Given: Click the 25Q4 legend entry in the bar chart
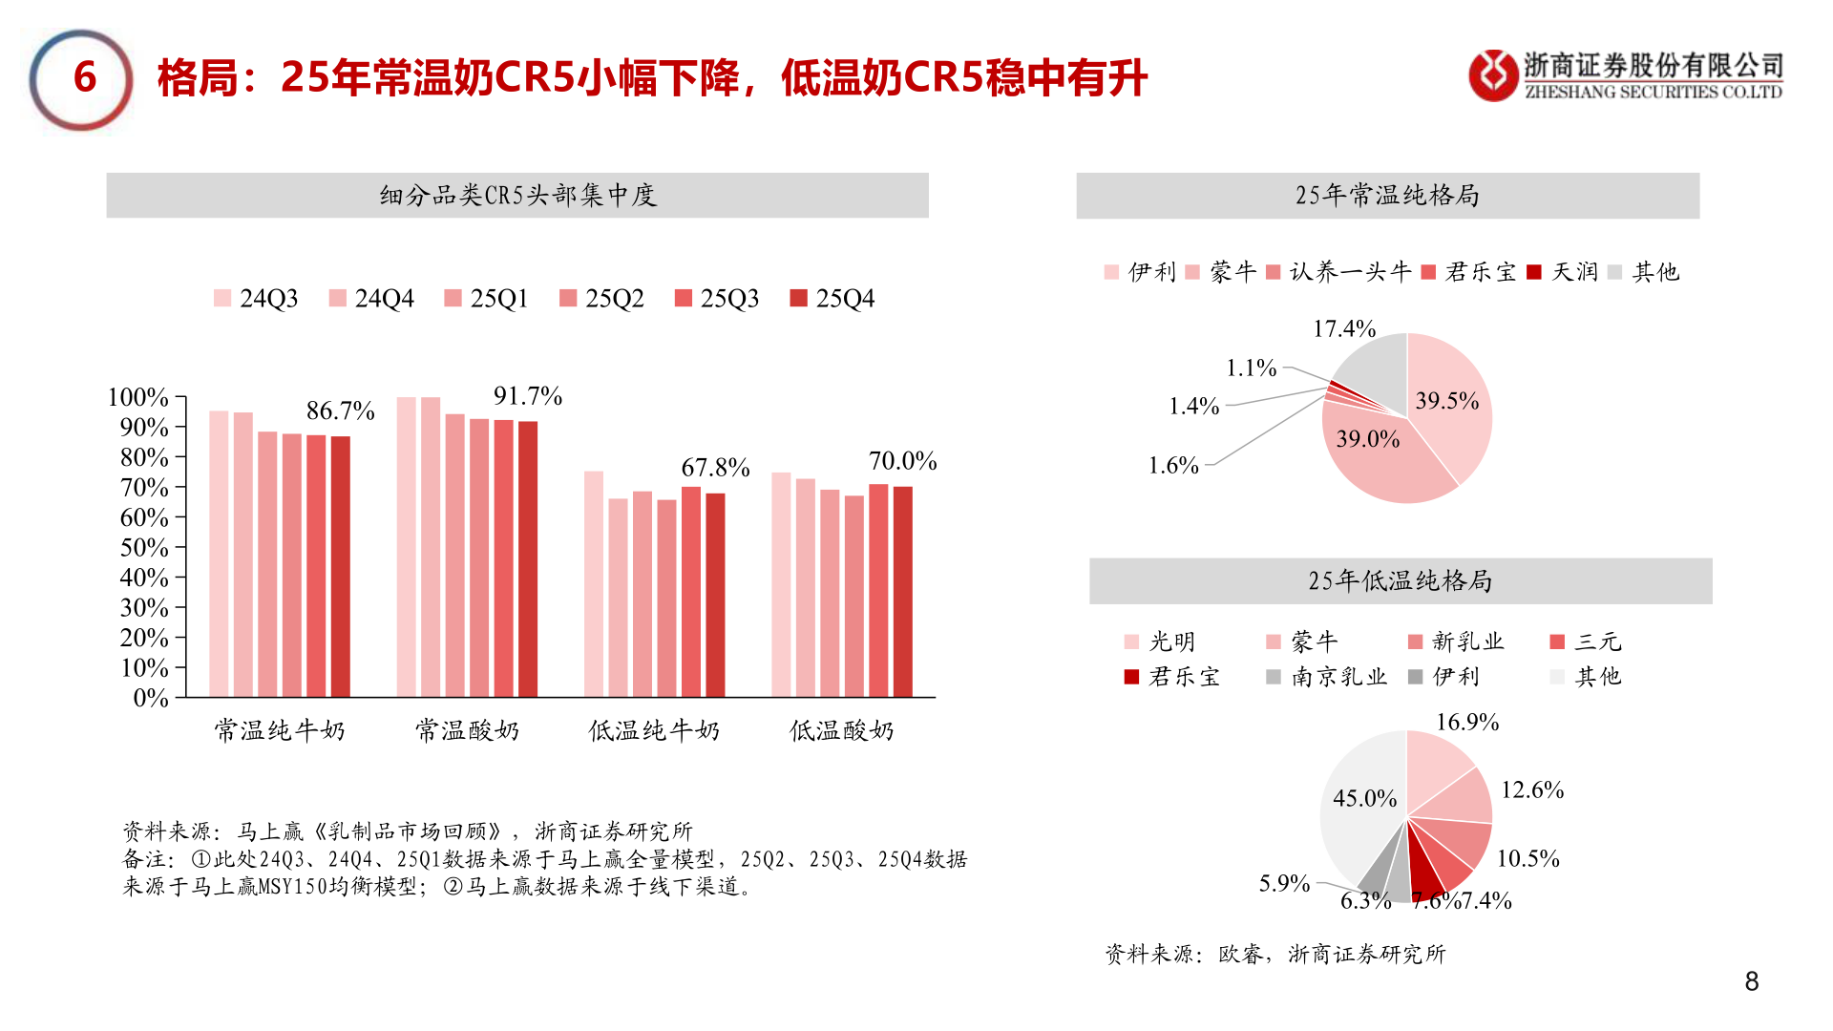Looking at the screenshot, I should pyautogui.click(x=832, y=299).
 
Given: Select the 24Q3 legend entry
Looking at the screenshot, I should pyautogui.click(x=256, y=299).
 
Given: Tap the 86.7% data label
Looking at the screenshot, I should pyautogui.click(x=340, y=410).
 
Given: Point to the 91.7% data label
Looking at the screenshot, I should pyautogui.click(x=527, y=396).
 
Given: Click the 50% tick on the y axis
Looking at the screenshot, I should pyautogui.click(x=144, y=548).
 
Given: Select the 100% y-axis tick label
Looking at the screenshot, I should pyautogui.click(x=138, y=397).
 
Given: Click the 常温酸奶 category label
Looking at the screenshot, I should pyautogui.click(x=467, y=731).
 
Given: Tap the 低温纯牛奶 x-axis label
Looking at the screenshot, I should pyautogui.click(x=654, y=731).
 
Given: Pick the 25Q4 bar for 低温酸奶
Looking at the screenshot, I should pyautogui.click(x=902, y=592).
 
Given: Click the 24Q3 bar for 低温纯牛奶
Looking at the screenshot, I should pyautogui.click(x=594, y=584).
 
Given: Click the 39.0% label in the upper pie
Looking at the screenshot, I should pyautogui.click(x=1367, y=439).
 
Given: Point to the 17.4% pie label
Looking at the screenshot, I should pyautogui.click(x=1344, y=329).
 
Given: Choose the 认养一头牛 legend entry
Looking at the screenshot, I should pyautogui.click(x=1338, y=272).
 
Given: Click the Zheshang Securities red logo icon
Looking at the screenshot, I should pyautogui.click(x=1493, y=75).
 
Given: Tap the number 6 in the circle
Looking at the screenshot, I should pyautogui.click(x=84, y=78).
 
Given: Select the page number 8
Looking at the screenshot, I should pyautogui.click(x=1751, y=981).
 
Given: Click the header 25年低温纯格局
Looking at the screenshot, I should pyautogui.click(x=1400, y=580).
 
